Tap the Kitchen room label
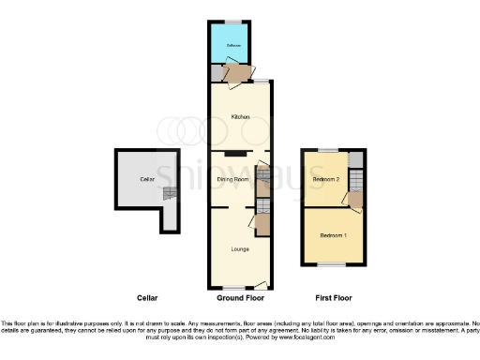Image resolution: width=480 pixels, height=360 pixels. [239, 116]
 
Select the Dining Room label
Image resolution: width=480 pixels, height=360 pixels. [232, 178]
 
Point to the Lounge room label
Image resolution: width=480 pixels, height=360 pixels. [239, 249]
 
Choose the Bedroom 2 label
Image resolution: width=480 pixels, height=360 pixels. [325, 178]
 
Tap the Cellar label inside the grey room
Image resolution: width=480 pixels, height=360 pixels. [146, 178]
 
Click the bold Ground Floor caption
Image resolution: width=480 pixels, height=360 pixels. [240, 297]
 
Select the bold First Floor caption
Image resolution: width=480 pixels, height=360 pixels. [333, 297]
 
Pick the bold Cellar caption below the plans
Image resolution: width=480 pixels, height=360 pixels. [147, 297]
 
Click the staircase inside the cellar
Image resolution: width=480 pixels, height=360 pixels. [169, 193]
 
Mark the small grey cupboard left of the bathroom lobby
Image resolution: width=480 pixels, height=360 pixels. [217, 73]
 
